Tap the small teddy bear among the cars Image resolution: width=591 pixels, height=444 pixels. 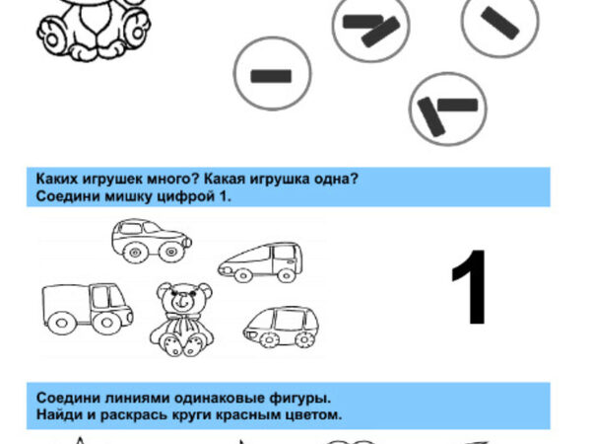click(182, 320)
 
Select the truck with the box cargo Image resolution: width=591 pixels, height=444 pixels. click(87, 309)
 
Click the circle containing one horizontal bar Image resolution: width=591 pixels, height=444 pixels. click(272, 74)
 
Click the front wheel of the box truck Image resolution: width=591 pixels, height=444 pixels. click(107, 323)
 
